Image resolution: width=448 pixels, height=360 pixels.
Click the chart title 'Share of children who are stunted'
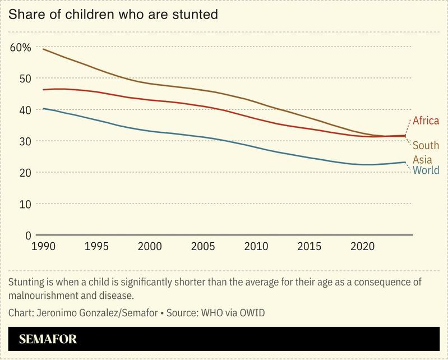113,15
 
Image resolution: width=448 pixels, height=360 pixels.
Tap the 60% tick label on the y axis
20,47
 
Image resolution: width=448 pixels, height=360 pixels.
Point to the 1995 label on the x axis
96,246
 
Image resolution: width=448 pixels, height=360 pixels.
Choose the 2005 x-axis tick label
202,246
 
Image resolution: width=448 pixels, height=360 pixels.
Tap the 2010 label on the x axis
256,246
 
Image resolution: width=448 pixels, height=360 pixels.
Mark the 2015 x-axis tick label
309,246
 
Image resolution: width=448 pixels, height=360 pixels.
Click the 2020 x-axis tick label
362,246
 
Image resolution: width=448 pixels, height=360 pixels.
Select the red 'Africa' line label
426,121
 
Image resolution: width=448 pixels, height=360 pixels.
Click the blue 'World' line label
426,170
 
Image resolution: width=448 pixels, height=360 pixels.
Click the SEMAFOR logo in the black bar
48,339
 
